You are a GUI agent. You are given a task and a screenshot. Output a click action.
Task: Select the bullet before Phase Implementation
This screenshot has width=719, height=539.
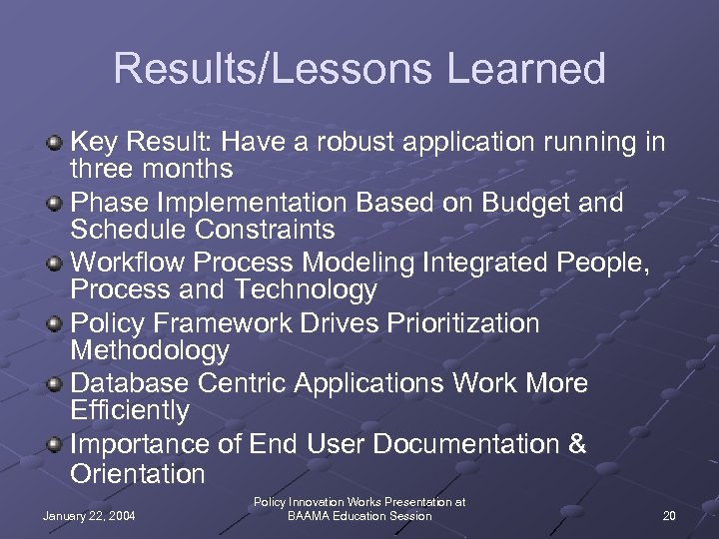coord(57,204)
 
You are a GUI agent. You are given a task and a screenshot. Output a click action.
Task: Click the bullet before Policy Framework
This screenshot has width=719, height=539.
coord(57,324)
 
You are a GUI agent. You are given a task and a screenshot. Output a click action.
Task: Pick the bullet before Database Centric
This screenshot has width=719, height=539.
coord(57,384)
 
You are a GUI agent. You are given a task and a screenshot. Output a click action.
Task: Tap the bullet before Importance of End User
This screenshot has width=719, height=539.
coord(57,444)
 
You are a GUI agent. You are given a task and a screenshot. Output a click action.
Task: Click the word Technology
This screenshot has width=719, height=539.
coord(305,290)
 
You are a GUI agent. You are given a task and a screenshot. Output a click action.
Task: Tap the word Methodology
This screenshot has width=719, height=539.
coord(150,350)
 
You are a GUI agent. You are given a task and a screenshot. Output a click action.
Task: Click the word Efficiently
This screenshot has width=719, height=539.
coord(130,410)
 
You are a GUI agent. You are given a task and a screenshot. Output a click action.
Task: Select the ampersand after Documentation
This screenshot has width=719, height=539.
coord(576,443)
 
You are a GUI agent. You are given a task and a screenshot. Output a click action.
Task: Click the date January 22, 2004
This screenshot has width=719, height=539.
coord(90,515)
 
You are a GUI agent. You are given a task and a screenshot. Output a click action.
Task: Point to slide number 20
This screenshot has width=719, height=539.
coord(668,515)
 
